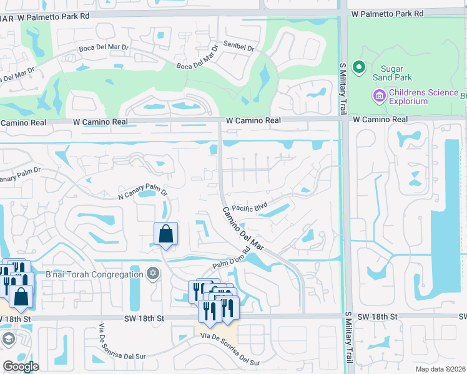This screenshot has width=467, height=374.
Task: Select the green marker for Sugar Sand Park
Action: coord(358,67)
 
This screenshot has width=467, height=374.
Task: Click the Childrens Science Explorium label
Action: coord(424,97)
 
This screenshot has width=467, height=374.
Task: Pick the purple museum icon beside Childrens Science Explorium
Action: coord(378,96)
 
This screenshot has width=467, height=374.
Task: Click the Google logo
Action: coord(21,367)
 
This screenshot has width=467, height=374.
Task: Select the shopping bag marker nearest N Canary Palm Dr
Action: coord(166,234)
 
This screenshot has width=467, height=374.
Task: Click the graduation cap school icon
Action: coord(8,338)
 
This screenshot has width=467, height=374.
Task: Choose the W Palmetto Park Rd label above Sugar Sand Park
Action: coord(387,13)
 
